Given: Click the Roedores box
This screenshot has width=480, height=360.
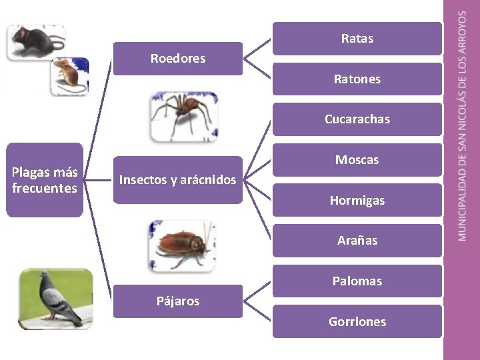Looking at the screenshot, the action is [177, 59].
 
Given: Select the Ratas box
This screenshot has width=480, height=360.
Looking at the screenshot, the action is [357, 39].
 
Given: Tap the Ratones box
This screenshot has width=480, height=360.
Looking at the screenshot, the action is [357, 79].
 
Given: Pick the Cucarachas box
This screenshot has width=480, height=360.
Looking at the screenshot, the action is [357, 119].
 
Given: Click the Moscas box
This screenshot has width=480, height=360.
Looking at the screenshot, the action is [357, 160].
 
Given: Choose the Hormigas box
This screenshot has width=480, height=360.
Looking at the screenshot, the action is [357, 200].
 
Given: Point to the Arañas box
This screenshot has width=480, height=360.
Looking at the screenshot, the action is [357, 241].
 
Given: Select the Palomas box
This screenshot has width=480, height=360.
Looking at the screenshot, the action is [357, 281].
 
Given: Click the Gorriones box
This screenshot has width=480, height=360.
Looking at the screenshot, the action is [357, 321].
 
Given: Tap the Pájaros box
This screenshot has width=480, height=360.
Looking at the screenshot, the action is [177, 301].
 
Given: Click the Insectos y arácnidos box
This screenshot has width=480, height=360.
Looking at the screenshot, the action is [177, 180].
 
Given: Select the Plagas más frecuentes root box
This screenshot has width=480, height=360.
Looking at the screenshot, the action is [45, 180].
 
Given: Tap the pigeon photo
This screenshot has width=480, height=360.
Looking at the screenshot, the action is [56, 298].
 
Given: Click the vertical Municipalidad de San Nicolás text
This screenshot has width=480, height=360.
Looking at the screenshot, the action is [462, 127].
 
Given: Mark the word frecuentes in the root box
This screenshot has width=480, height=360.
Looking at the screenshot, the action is [45, 188].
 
